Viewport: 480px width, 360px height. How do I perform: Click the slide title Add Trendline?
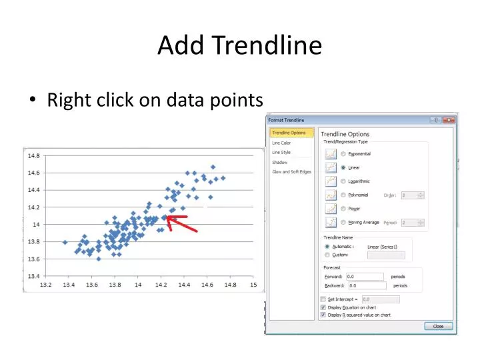[x=239, y=45]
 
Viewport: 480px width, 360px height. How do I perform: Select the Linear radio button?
[x=343, y=167]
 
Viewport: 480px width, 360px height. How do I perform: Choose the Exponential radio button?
[x=343, y=153]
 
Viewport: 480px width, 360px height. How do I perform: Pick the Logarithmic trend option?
[x=343, y=181]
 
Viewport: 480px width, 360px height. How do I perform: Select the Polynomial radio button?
[x=343, y=195]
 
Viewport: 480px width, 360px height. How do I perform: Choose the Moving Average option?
[x=343, y=223]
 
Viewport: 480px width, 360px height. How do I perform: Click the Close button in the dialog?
[x=438, y=326]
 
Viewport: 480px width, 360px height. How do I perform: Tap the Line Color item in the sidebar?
[x=281, y=143]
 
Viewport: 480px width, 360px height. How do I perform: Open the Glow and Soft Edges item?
[x=291, y=172]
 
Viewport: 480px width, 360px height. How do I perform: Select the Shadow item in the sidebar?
[x=279, y=162]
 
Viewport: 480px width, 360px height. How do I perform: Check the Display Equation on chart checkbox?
[x=323, y=307]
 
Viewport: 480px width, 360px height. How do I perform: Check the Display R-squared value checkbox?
[x=323, y=315]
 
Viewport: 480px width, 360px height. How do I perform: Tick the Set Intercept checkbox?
[x=323, y=299]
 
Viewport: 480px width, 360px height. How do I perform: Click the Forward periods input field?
[x=365, y=276]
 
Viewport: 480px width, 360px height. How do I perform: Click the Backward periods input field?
[x=365, y=285]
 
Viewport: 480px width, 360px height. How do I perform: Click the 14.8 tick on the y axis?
[x=33, y=155]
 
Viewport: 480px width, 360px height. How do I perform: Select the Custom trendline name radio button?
[x=327, y=255]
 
